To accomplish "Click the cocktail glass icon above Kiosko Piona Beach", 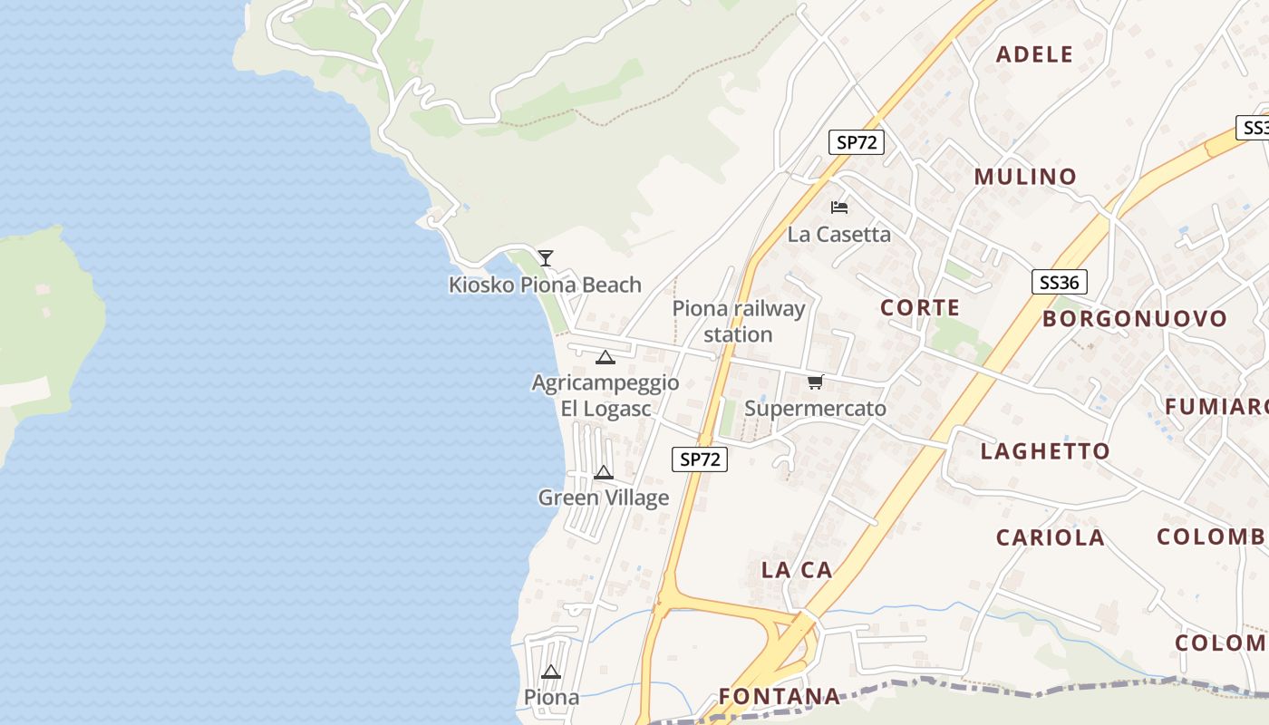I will click(x=545, y=258).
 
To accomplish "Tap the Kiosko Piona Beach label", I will click(x=545, y=285).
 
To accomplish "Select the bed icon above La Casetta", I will click(x=839, y=208).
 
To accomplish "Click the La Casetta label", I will click(x=838, y=234).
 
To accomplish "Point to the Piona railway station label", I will click(x=738, y=322).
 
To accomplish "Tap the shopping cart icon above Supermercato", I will click(x=815, y=382).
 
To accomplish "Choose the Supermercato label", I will click(x=815, y=409).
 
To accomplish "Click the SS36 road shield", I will click(x=1059, y=283).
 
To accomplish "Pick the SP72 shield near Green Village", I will click(x=700, y=459).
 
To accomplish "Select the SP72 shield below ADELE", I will click(x=856, y=142).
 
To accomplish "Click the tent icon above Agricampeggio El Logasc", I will click(x=605, y=357).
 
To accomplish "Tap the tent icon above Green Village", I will click(x=604, y=472).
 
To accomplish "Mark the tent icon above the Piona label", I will click(x=551, y=672).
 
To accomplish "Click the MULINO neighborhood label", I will click(x=1025, y=177).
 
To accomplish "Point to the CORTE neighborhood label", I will click(x=920, y=308).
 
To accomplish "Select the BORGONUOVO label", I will click(x=1134, y=319).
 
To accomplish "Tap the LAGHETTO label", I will click(x=1045, y=451).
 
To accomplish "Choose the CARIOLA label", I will click(x=1051, y=537).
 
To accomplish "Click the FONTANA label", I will click(x=780, y=696).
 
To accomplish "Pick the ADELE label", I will click(x=1034, y=54).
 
